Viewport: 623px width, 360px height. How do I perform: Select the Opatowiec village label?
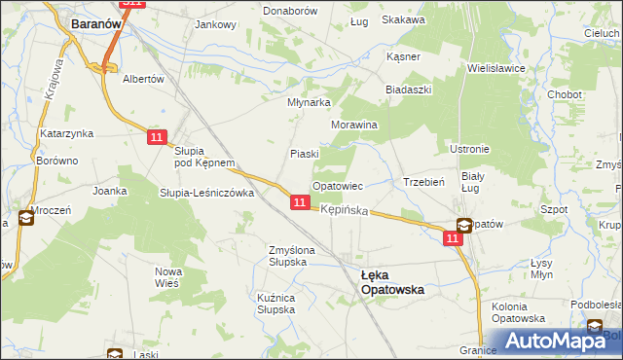coord(337,185)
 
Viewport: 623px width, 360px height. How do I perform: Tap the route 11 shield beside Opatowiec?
coord(301,202)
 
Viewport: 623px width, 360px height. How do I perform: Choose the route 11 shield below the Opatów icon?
coord(455,238)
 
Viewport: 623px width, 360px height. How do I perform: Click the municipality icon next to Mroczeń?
coord(24,219)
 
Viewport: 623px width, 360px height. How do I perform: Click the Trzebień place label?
coord(423,182)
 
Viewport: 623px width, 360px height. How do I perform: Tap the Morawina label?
coord(354,126)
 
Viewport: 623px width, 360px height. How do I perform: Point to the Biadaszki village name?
coord(408,89)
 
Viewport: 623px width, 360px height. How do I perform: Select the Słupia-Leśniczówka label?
coord(206,193)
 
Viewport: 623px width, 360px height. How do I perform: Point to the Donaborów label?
coord(290,10)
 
